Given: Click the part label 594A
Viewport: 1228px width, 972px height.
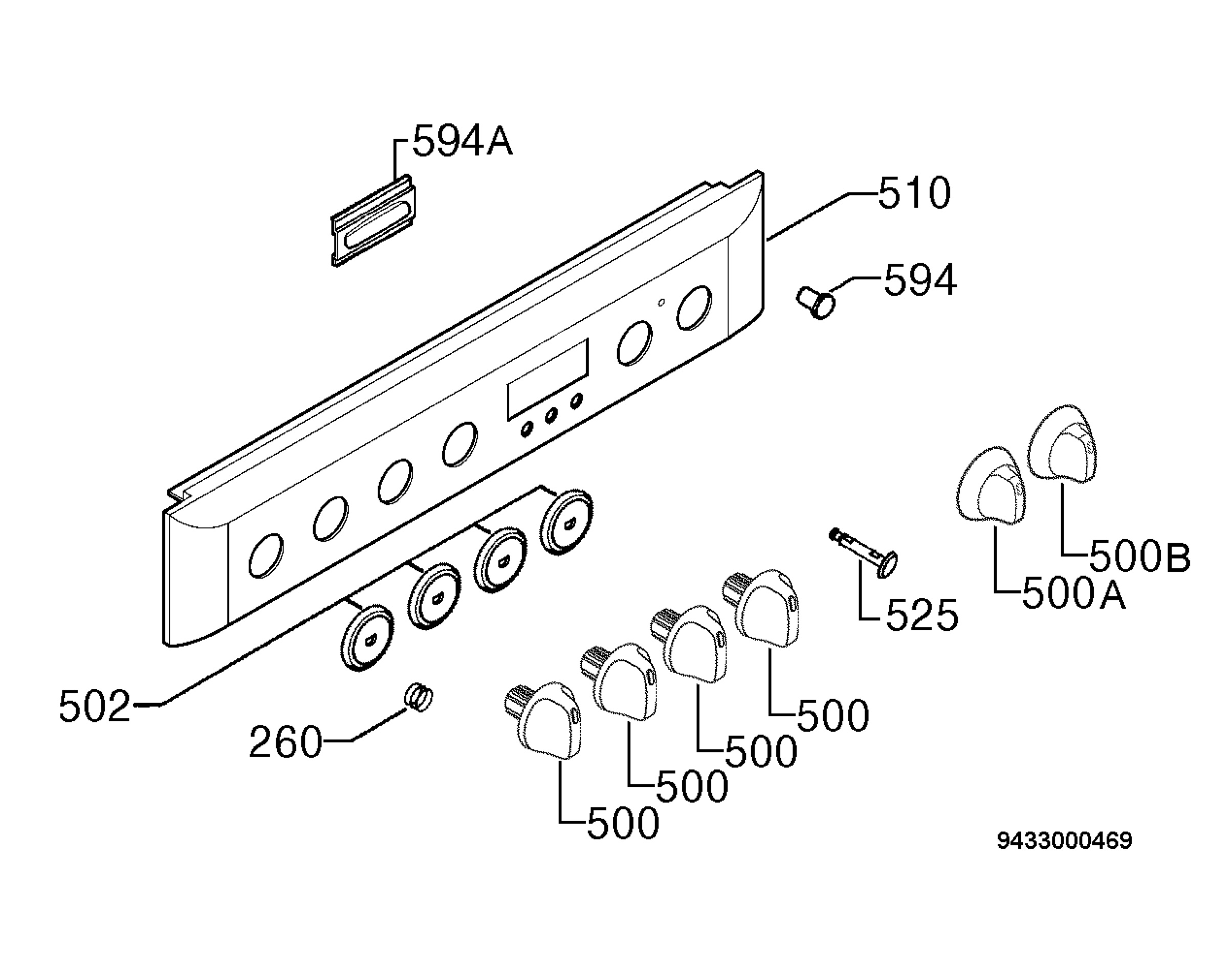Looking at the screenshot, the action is [462, 142].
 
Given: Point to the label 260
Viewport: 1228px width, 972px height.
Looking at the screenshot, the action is [286, 742].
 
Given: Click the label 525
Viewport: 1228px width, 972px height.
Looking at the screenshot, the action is [923, 615].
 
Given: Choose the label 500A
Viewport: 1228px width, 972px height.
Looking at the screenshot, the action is [1074, 593].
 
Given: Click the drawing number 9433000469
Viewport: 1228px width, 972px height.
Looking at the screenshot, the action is [1064, 841].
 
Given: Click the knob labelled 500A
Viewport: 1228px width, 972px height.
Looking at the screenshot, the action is [991, 485].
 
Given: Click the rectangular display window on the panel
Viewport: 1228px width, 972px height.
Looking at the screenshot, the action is [547, 380].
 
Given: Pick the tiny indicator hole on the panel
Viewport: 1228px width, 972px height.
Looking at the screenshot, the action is [661, 303].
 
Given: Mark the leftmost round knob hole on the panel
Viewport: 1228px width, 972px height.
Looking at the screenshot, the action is [266, 556].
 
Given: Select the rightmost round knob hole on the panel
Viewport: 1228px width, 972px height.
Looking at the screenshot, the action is [694, 308].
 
